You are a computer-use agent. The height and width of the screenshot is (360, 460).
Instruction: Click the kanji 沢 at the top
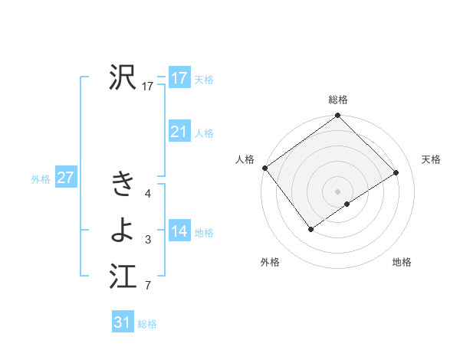click(x=123, y=77)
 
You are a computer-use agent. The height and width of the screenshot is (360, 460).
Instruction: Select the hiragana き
click(x=123, y=184)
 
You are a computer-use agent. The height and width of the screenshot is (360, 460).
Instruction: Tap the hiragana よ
click(x=123, y=228)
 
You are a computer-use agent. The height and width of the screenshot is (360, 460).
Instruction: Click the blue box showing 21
click(x=179, y=132)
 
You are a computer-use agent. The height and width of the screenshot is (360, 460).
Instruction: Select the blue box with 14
click(x=179, y=231)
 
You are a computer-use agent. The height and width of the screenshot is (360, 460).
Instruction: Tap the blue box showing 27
click(x=65, y=178)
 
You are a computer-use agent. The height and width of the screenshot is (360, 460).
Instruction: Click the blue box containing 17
click(x=179, y=78)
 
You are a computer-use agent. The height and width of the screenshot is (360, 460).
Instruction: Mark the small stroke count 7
click(x=148, y=287)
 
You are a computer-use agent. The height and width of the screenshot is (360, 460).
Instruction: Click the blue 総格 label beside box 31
click(x=147, y=324)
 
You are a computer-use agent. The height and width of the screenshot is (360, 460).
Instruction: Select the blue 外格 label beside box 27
click(x=41, y=179)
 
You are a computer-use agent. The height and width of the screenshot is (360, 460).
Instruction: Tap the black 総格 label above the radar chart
click(x=338, y=100)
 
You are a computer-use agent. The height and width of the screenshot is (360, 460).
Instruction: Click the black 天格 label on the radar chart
click(x=431, y=159)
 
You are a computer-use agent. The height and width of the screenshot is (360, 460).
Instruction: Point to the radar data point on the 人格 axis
click(x=264, y=168)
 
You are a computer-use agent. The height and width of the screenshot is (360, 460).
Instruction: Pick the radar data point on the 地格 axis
click(x=347, y=204)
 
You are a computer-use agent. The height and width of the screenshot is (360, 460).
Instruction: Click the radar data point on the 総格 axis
click(x=337, y=116)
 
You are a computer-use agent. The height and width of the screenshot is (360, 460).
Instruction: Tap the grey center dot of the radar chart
click(x=337, y=190)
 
